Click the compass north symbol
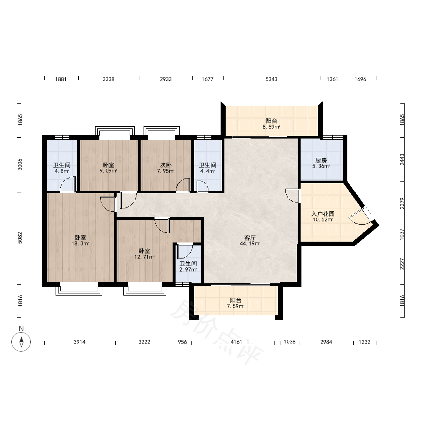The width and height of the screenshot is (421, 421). tap(21, 341)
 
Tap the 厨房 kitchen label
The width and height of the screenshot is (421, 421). tap(321, 160)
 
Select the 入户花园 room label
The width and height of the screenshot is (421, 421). tap(323, 214)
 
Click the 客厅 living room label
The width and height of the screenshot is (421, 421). tap(250, 238)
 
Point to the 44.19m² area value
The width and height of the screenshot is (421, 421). tap(250, 244)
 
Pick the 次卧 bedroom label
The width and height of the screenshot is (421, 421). tap(165, 165)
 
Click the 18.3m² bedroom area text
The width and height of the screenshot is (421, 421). tap(80, 244)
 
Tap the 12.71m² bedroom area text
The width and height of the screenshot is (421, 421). tap(144, 257)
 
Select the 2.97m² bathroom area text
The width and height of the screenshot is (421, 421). tap(188, 269)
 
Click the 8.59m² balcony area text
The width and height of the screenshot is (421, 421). tap(271, 127)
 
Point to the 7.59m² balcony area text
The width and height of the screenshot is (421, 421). tap(235, 306)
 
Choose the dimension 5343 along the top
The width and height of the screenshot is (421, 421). tap(272, 79)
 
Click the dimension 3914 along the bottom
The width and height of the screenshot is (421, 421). tap(80, 342)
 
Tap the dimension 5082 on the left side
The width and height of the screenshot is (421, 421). tap(20, 238)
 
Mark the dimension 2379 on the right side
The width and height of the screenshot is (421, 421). tap(402, 203)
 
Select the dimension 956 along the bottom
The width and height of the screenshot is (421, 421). tap(182, 342)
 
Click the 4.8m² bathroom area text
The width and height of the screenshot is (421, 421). tap(62, 171)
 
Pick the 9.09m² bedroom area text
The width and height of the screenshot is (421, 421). tap(109, 171)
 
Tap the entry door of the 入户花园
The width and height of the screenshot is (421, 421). tap(361, 216)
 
